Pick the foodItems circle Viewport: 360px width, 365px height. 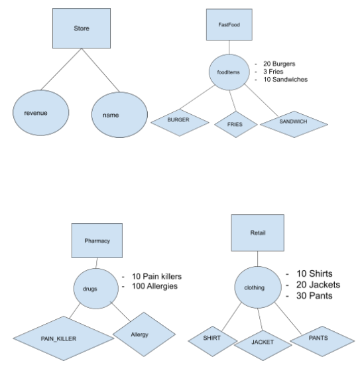click(228, 72)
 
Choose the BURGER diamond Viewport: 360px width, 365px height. click(178, 121)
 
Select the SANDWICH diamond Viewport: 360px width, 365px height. click(292, 122)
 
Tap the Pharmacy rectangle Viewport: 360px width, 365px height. click(98, 241)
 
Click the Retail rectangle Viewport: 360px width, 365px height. click(257, 234)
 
